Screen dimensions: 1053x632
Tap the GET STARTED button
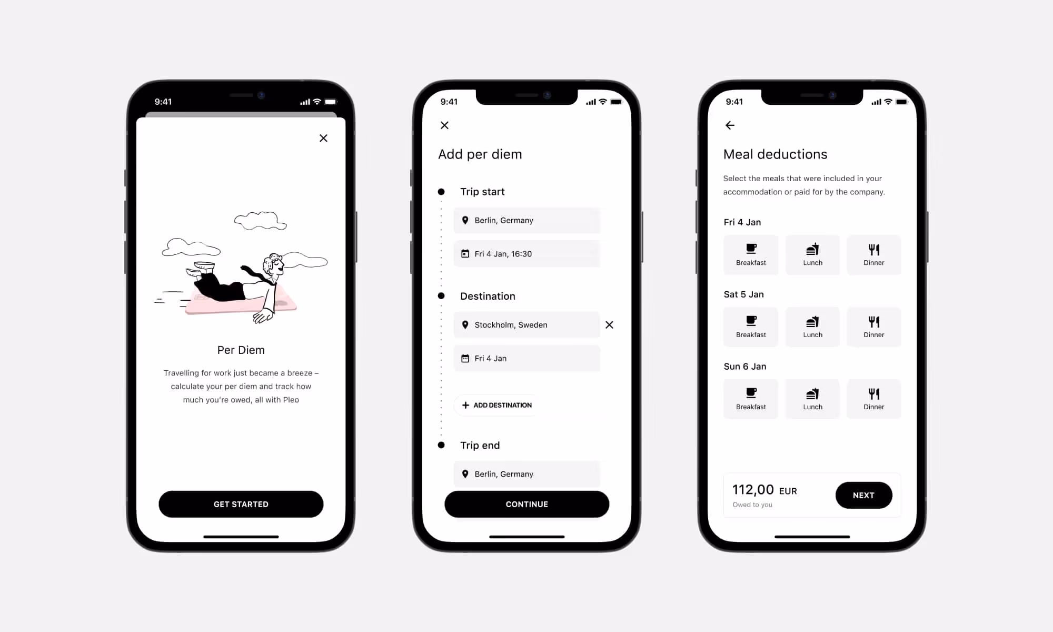point(241,504)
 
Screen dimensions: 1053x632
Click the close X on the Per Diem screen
point(323,138)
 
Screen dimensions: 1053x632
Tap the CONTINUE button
point(527,504)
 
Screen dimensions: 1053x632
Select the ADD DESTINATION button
point(496,405)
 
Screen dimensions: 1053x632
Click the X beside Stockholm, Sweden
point(609,325)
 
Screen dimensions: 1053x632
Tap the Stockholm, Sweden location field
point(526,325)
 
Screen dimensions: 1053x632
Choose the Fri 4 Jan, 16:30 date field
point(526,254)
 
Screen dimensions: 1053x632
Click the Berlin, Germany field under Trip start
point(526,220)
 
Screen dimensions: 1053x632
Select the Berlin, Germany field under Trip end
point(526,474)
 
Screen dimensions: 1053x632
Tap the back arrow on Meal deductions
point(730,125)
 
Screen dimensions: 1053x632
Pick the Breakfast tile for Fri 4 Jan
point(751,255)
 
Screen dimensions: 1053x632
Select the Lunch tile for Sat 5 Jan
point(812,327)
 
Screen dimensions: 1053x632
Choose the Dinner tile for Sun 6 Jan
point(874,399)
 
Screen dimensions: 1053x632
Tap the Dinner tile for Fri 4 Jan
point(874,255)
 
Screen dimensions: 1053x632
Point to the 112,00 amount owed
point(753,490)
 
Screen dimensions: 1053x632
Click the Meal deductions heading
point(775,154)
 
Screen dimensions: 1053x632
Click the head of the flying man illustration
point(273,264)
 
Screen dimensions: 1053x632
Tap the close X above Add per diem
point(444,125)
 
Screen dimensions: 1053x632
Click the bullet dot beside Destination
point(441,296)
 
